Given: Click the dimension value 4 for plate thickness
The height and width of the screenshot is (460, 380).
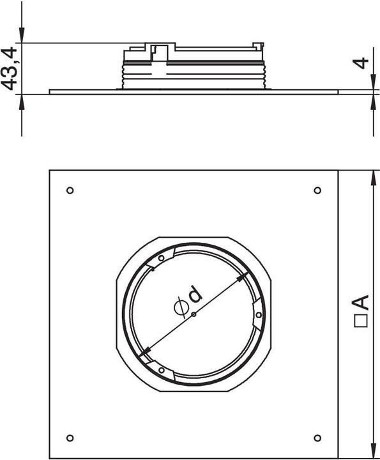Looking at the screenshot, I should click(x=362, y=64).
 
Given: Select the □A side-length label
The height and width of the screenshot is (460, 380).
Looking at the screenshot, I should click(x=361, y=310).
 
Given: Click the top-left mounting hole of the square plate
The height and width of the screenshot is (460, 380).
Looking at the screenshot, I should click(x=70, y=190).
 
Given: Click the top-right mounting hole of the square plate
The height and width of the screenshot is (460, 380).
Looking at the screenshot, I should click(x=317, y=190).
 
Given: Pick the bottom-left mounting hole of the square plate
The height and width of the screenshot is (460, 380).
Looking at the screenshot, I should click(x=70, y=438).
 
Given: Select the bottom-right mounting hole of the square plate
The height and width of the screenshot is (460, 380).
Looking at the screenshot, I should click(x=317, y=438).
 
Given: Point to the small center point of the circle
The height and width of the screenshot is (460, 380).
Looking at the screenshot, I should click(x=194, y=314).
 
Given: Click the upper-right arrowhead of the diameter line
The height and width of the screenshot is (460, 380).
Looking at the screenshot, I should click(x=243, y=278).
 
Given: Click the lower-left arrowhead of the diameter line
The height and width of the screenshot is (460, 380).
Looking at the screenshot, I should click(x=144, y=349).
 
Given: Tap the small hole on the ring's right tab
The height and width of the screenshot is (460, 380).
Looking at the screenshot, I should click(x=258, y=314).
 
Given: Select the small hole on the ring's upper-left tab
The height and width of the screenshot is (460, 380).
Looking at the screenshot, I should click(x=161, y=258).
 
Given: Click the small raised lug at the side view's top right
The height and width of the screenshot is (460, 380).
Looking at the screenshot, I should click(x=258, y=44).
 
